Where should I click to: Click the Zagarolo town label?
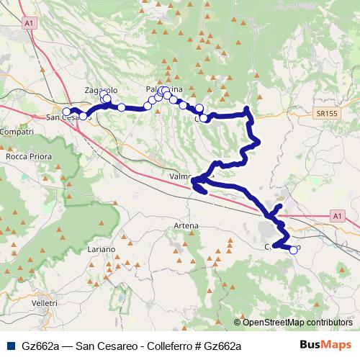click(99, 90)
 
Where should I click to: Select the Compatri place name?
click(17, 133)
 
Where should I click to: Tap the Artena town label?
click(186, 226)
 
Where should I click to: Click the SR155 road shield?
click(326, 114)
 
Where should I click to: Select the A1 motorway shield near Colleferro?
click(338, 215)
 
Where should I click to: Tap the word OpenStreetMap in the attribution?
click(274, 322)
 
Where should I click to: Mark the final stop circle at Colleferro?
click(293, 251)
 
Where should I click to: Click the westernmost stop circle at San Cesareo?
click(67, 112)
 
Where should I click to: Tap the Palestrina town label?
click(165, 89)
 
